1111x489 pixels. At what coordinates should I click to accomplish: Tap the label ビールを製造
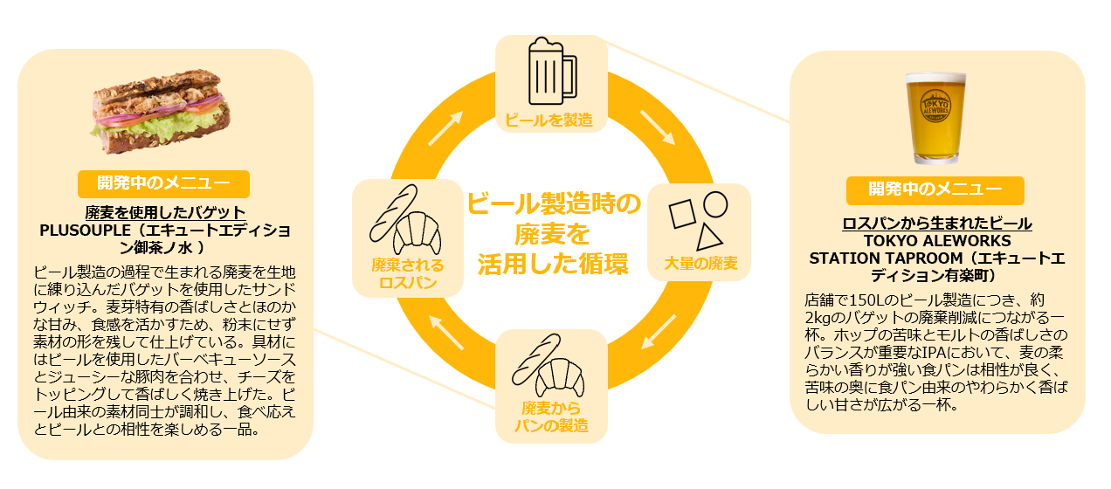click(551, 121)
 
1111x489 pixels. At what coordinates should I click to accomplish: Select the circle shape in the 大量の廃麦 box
click(715, 203)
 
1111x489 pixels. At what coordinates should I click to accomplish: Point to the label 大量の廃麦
click(700, 263)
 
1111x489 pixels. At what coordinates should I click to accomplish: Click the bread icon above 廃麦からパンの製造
click(551, 365)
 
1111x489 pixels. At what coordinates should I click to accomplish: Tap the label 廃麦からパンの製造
click(551, 417)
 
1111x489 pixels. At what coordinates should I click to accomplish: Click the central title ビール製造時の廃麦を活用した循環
click(553, 233)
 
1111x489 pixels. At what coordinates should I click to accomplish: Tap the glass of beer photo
click(935, 118)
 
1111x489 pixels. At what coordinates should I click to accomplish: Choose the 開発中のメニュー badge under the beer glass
click(935, 189)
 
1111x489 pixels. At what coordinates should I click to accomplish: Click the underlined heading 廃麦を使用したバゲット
click(165, 213)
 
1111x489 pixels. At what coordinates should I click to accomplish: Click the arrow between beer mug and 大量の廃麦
click(658, 127)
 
